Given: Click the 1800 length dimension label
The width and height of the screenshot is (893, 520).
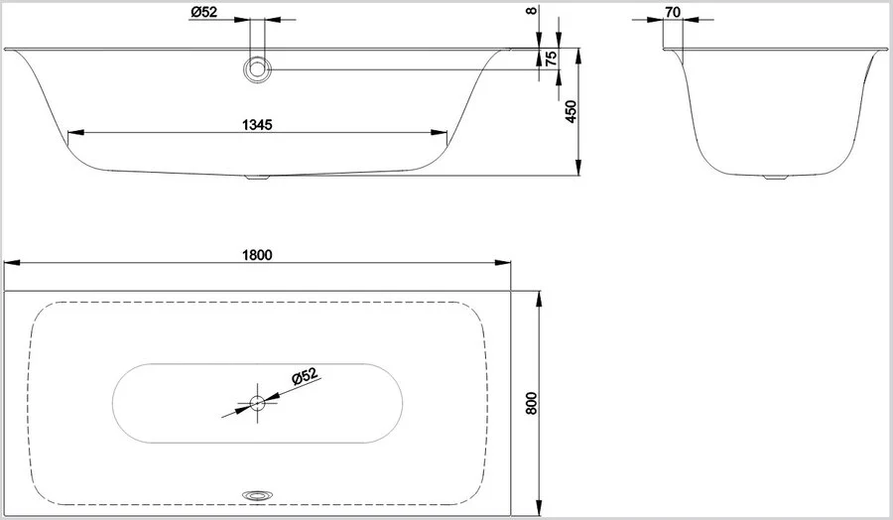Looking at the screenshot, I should tap(256, 253).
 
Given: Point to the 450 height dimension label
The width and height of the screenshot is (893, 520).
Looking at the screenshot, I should tap(571, 111).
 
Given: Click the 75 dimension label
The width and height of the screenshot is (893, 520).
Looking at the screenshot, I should tap(552, 59).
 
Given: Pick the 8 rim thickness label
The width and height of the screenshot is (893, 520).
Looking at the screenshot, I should tap(533, 11).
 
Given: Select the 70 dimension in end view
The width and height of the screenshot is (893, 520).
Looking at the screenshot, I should tap(673, 13).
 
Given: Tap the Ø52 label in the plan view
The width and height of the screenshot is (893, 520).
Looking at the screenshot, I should tap(304, 376).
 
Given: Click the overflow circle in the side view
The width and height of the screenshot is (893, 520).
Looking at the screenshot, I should tap(258, 68).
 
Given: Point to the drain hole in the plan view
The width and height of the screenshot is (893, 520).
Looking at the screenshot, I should tap(258, 403).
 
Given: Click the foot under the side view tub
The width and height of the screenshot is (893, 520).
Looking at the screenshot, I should tap(257, 179).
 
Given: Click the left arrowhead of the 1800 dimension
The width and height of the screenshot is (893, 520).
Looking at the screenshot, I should tap(10, 263).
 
